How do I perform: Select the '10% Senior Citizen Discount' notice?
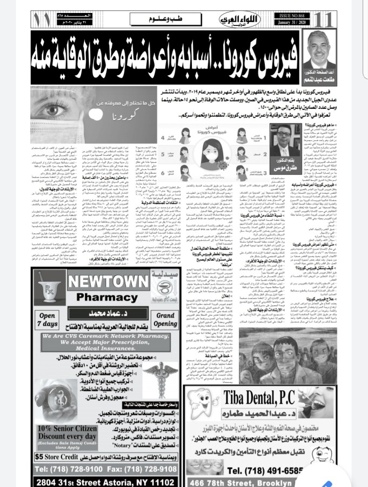tap(58, 435)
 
